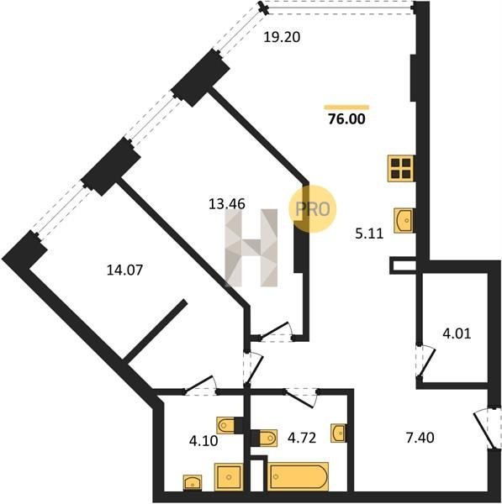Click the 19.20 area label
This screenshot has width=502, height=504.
point(282,37)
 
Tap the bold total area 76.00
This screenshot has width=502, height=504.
point(346,119)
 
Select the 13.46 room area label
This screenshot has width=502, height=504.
point(227,204)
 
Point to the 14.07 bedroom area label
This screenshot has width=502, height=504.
point(124,270)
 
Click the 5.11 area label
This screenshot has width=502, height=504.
point(369,234)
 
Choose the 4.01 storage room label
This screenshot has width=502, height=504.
point(457,333)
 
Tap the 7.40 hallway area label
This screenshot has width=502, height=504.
point(420,438)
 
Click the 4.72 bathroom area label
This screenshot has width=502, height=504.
point(302,438)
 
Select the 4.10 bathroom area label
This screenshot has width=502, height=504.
point(203,441)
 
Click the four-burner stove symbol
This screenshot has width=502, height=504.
point(401,168)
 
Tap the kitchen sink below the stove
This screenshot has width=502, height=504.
point(404,220)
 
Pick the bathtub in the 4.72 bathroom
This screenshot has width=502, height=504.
point(298,476)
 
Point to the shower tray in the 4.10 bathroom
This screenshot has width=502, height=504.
point(229,477)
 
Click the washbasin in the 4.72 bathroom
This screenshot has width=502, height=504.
point(339,433)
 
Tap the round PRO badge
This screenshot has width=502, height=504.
point(312,209)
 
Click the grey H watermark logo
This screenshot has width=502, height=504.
point(251,248)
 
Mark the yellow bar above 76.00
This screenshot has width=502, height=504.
point(346,108)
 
